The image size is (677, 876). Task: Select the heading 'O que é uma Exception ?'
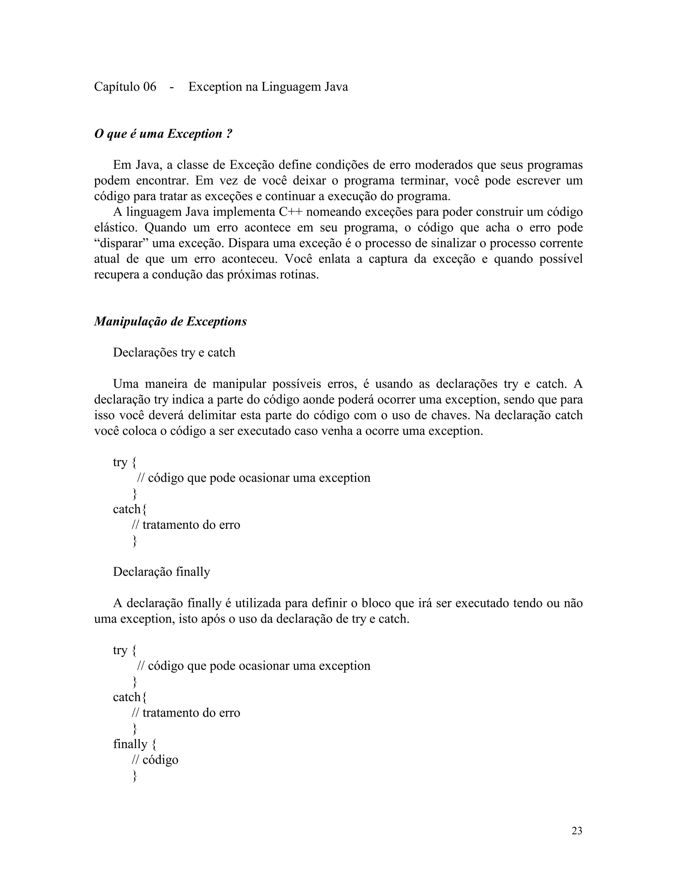click(163, 134)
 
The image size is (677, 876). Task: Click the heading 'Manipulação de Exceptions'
click(171, 321)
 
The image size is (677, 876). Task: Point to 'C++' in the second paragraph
click(290, 212)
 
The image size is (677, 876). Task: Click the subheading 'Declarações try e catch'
click(174, 353)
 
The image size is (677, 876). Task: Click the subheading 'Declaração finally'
click(161, 572)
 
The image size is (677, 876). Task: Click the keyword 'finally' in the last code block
click(130, 744)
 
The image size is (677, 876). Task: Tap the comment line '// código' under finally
click(155, 760)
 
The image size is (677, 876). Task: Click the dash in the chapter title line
click(172, 87)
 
